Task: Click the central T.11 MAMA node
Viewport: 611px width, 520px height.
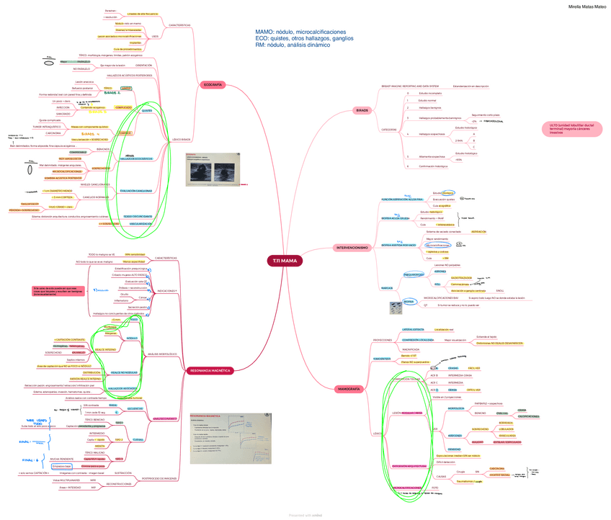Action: (284, 260)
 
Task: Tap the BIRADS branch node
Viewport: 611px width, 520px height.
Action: (362, 110)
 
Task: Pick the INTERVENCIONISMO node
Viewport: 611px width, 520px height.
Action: (352, 248)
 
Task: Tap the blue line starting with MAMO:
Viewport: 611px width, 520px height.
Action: (300, 32)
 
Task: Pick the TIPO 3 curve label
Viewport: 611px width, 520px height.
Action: (118, 458)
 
